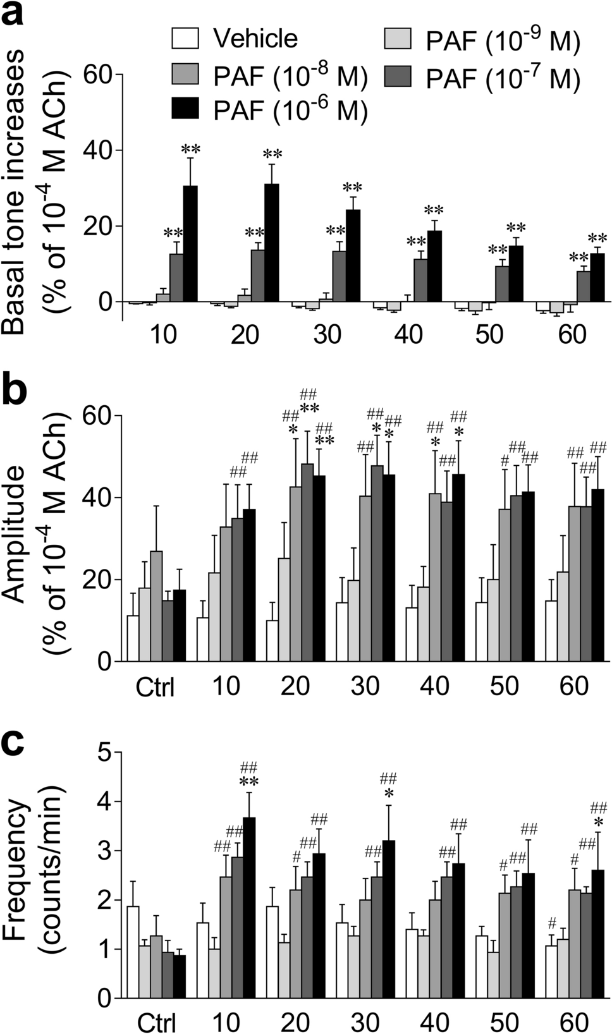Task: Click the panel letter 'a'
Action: point(14,15)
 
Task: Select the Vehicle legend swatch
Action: point(185,39)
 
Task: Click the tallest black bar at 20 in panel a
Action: point(272,243)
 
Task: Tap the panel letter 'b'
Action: point(15,390)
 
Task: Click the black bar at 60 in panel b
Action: point(597,575)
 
